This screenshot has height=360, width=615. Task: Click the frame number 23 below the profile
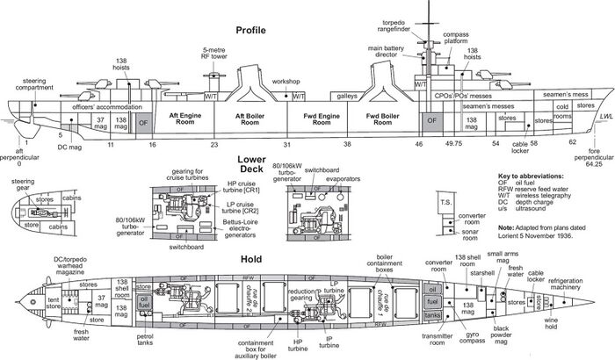213,143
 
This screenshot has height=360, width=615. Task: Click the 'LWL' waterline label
604,117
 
